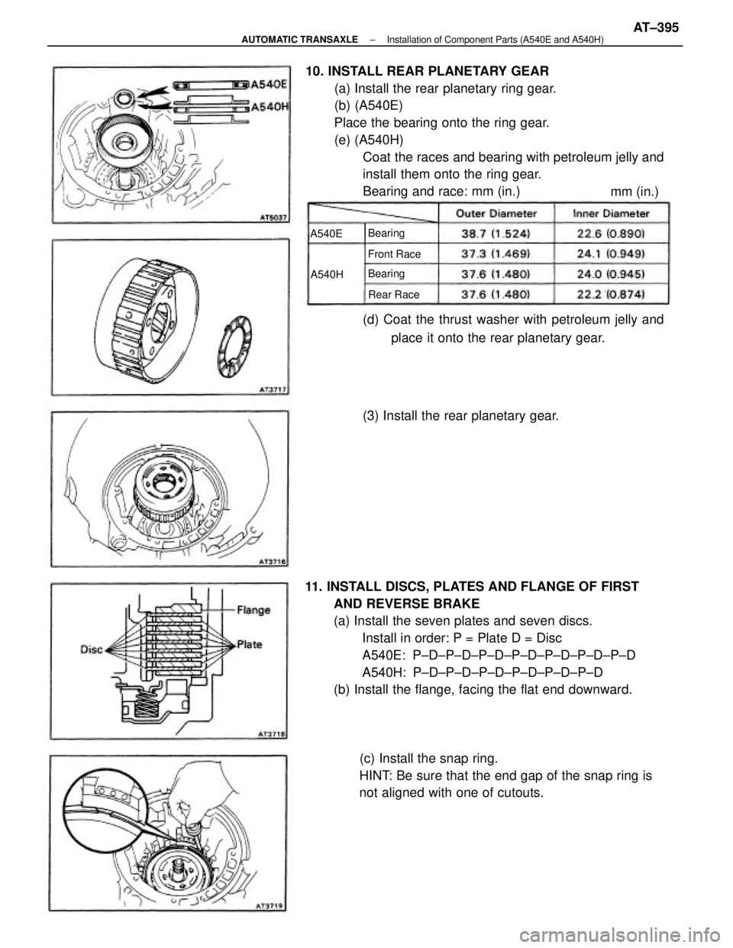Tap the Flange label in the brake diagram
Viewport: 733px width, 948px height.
pos(257,610)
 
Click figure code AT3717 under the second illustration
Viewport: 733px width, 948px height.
pos(270,389)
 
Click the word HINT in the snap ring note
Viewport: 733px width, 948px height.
pos(374,775)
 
